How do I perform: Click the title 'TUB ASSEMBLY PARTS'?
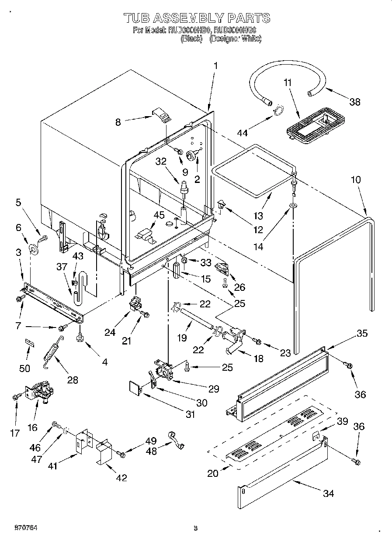[x=196, y=18]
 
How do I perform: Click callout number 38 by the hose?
[x=354, y=102]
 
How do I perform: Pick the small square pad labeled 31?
[x=135, y=388]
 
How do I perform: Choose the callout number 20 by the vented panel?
[x=213, y=473]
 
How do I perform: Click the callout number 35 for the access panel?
[x=362, y=334]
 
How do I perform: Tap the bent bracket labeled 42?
[x=104, y=454]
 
